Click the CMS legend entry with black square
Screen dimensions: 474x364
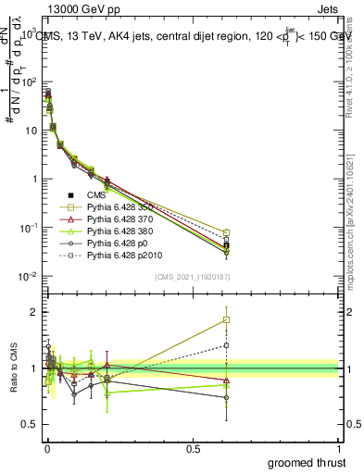pyautogui.click(x=88, y=195)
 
